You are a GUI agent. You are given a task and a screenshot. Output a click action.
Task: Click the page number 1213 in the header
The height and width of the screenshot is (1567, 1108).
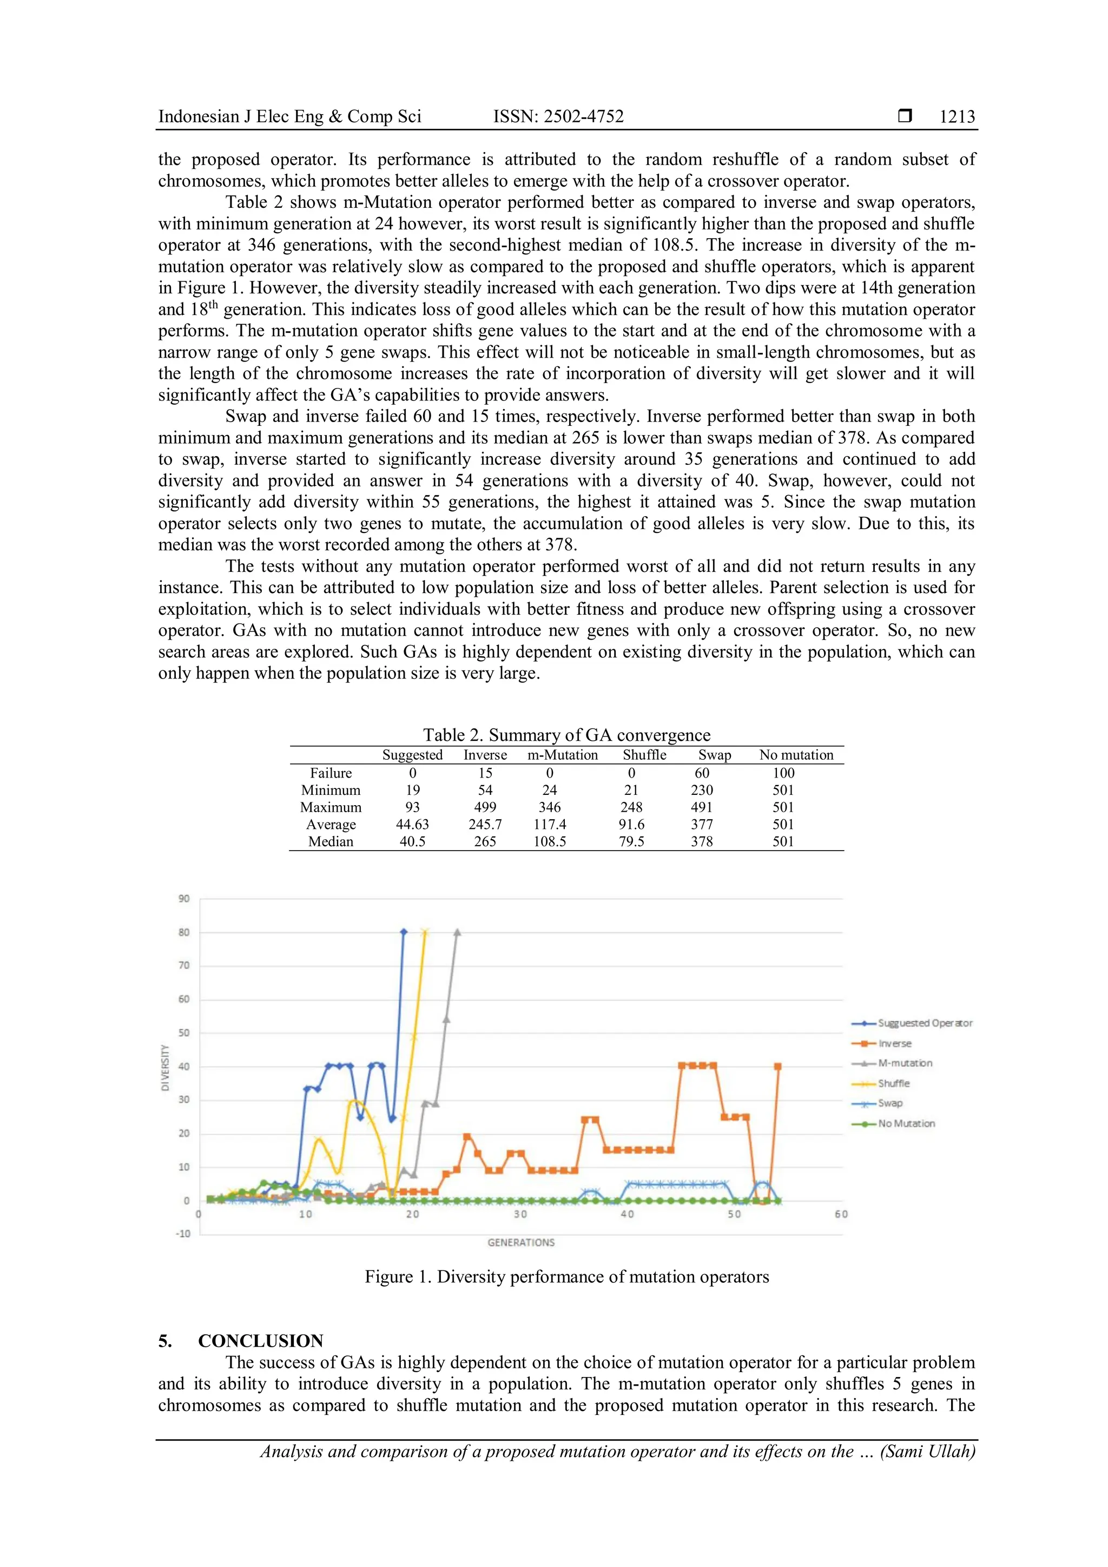click(957, 117)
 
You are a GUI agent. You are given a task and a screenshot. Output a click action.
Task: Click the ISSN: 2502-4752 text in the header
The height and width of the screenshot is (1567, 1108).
click(558, 117)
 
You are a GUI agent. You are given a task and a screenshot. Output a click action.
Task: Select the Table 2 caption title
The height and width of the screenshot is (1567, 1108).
click(566, 734)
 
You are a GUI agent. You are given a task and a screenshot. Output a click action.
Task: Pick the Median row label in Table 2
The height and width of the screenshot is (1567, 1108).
click(331, 841)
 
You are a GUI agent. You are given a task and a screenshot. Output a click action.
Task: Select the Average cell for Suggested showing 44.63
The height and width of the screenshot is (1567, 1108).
click(412, 825)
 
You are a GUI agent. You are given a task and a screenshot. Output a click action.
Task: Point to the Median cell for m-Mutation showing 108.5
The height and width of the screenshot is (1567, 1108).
click(549, 841)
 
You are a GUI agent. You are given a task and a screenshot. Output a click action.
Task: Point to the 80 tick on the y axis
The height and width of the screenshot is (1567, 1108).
click(184, 932)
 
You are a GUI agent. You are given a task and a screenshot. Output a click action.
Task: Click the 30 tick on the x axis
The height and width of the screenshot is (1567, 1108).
click(520, 1214)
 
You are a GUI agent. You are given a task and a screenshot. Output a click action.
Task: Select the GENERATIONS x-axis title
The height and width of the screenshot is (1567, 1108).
click(520, 1242)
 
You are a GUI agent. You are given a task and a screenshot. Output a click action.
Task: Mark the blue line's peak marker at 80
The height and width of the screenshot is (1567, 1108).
click(403, 932)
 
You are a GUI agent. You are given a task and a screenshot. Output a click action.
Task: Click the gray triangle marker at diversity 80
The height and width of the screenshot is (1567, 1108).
click(457, 932)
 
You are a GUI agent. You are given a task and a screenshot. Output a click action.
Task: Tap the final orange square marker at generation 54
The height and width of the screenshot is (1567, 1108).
click(778, 1066)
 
